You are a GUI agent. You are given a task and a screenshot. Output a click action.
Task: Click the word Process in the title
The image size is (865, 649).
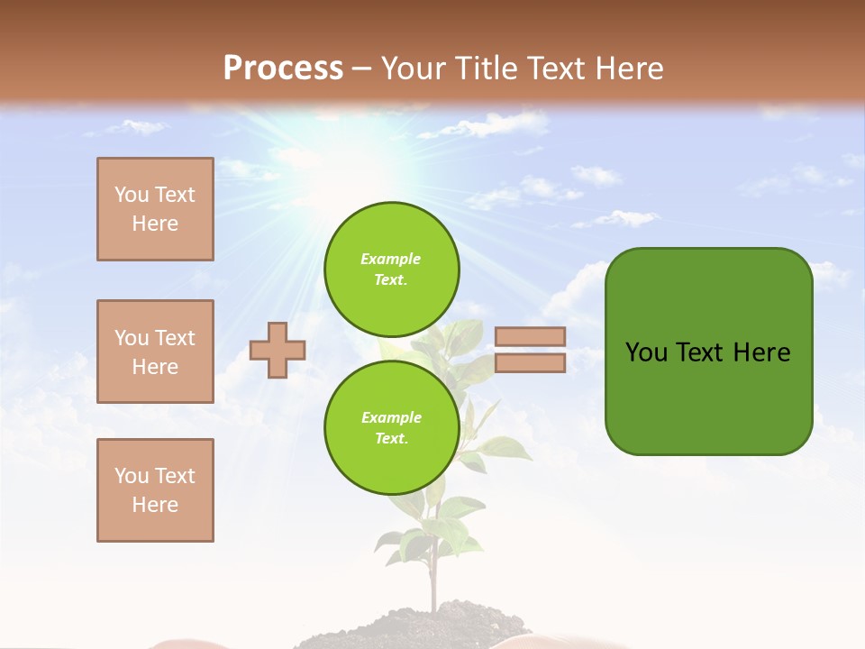point(283,68)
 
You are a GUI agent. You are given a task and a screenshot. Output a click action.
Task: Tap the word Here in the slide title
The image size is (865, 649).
point(628,68)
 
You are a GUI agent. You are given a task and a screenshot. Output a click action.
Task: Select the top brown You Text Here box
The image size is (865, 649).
point(155,209)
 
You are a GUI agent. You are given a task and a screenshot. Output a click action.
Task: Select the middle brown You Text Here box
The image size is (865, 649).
point(155,352)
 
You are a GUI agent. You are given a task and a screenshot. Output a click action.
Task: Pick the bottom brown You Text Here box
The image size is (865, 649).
point(155,490)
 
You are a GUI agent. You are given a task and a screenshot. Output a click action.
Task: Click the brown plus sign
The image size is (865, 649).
point(278,350)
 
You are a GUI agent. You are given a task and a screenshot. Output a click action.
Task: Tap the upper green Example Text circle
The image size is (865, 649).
point(392,269)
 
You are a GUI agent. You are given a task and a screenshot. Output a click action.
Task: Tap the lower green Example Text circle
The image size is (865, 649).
point(392,427)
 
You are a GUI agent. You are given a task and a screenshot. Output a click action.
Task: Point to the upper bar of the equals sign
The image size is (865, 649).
point(530,336)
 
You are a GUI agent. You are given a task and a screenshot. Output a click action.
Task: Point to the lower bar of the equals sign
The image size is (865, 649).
point(530,363)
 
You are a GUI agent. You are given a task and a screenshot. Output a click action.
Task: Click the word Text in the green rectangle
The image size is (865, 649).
point(699,352)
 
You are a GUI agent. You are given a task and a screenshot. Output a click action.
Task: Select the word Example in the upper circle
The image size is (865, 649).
point(391,259)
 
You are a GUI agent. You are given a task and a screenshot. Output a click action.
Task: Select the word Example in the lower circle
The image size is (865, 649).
point(391,417)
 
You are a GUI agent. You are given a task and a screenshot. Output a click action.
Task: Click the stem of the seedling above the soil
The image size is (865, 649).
point(433,577)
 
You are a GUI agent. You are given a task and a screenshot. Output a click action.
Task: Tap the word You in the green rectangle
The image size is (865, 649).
point(646,352)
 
